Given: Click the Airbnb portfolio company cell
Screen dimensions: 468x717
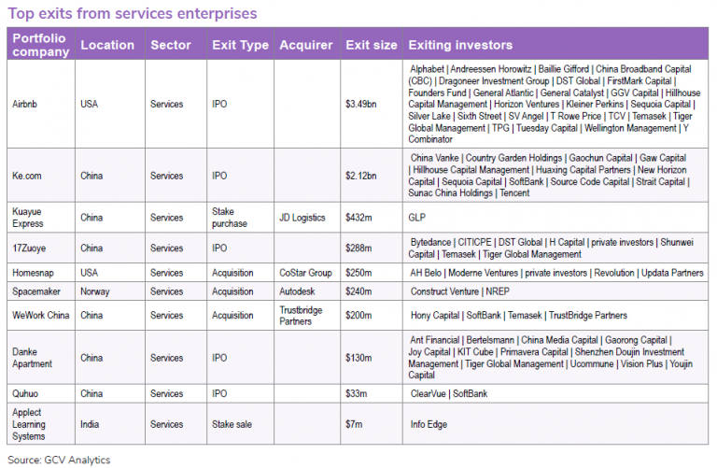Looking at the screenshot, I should [25, 104].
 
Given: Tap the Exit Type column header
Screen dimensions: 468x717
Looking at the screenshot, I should [240, 45].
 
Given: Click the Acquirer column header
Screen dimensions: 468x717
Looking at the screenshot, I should [305, 45].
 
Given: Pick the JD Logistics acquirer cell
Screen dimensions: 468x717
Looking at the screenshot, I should [302, 218].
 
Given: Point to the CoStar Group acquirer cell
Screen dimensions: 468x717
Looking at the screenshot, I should [306, 273].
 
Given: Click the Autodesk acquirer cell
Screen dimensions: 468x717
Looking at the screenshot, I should [298, 291].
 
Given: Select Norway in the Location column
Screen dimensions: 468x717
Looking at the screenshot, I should [95, 291].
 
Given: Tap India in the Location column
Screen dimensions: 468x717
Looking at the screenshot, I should [91, 424].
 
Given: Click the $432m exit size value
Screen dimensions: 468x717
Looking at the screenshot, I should [359, 218].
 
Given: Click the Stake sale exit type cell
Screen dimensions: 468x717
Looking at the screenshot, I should [232, 424].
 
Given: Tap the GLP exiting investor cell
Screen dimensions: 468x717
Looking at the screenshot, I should [417, 218].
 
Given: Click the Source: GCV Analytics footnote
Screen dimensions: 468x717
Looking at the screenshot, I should [58, 459].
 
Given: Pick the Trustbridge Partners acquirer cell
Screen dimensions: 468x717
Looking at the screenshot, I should [302, 316].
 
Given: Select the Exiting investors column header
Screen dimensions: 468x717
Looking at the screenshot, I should [460, 45].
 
